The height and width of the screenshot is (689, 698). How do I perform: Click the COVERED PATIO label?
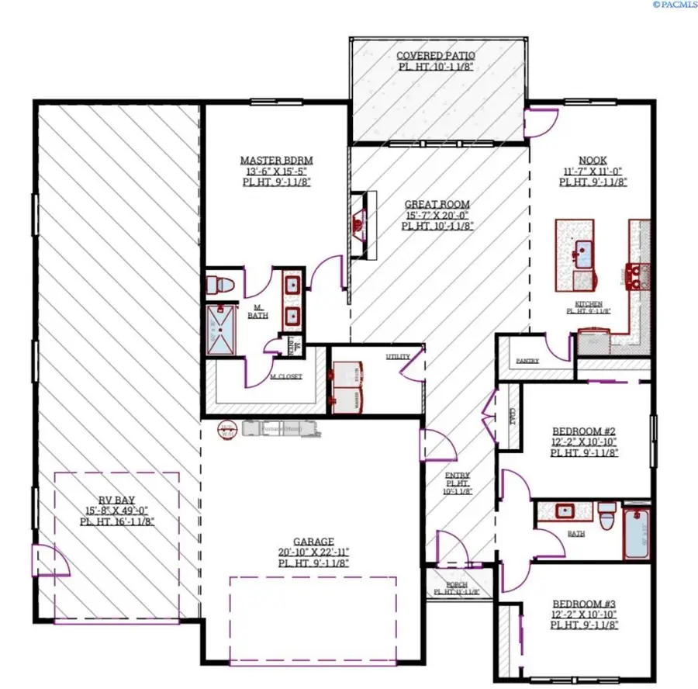(x=435, y=56)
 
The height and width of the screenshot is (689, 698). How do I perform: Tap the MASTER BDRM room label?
(x=276, y=161)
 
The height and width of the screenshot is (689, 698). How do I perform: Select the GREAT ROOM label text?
(x=437, y=205)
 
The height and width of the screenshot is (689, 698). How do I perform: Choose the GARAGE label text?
(x=313, y=542)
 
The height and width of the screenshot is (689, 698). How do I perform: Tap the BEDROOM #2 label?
(x=584, y=431)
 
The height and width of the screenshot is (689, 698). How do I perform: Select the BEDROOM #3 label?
(x=584, y=604)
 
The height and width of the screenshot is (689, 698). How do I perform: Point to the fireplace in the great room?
(x=358, y=225)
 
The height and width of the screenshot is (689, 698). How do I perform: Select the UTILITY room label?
(x=397, y=357)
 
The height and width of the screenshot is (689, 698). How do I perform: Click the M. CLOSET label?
(x=285, y=377)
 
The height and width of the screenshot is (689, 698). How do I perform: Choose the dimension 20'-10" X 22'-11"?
(x=313, y=552)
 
